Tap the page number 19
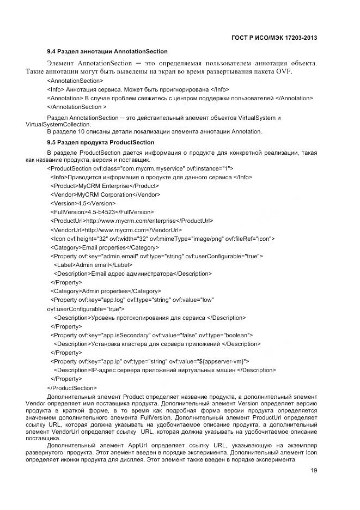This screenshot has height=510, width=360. (x=314, y=471)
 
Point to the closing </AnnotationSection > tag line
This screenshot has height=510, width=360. (x=77, y=107)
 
